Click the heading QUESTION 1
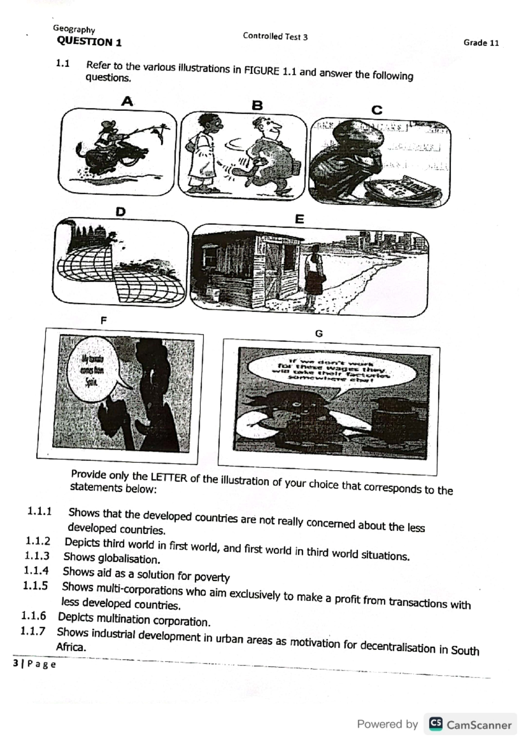pyautogui.click(x=89, y=42)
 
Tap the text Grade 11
pyautogui.click(x=481, y=43)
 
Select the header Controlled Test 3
pyautogui.click(x=275, y=37)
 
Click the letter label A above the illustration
pyautogui.click(x=127, y=102)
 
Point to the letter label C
pyautogui.click(x=377, y=110)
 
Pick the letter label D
pyautogui.click(x=120, y=212)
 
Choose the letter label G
pyautogui.click(x=319, y=334)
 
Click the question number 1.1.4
pyautogui.click(x=36, y=570)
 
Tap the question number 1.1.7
pyautogui.click(x=33, y=631)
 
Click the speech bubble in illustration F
pyautogui.click(x=92, y=370)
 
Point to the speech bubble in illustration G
pyautogui.click(x=332, y=371)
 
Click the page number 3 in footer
pyautogui.click(x=16, y=663)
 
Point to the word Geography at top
pyautogui.click(x=74, y=29)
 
